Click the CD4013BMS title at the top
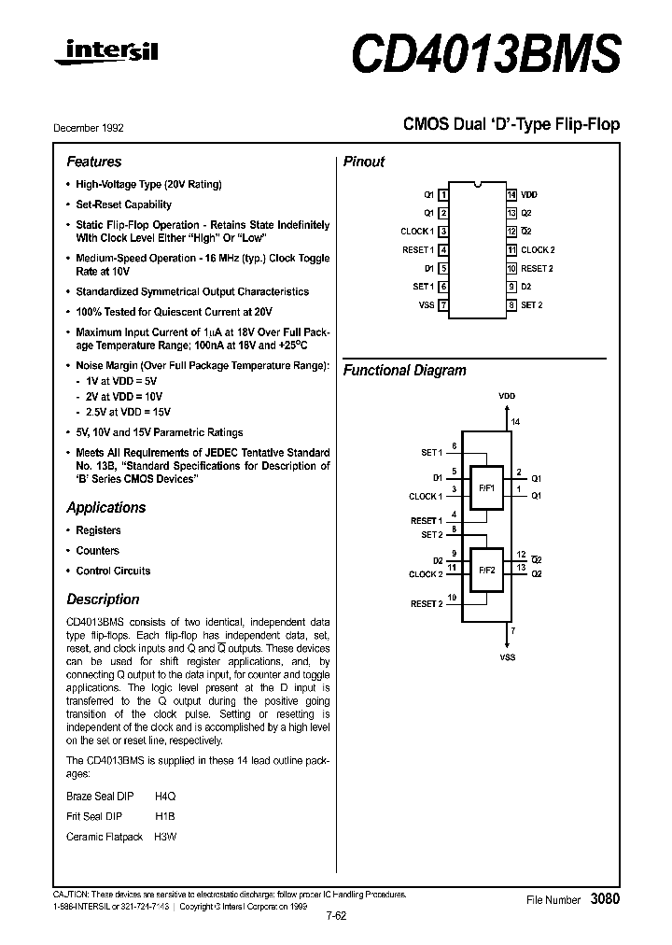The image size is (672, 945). [485, 54]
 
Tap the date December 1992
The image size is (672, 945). [95, 128]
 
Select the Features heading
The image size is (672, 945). [93, 162]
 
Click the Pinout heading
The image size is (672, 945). [364, 162]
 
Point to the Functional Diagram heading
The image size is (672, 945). [404, 371]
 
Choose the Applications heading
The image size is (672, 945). [105, 508]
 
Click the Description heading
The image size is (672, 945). [103, 599]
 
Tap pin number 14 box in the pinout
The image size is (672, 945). [511, 195]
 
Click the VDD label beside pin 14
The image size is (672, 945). [529, 195]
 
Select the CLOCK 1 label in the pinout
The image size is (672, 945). [416, 232]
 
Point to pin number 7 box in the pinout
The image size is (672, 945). [443, 305]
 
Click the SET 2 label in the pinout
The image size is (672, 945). [532, 305]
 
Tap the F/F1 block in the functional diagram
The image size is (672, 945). [486, 488]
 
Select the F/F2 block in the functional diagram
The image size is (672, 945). [486, 569]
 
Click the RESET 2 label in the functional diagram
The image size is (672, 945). [427, 604]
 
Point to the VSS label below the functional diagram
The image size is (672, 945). [508, 657]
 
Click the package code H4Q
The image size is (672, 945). [165, 797]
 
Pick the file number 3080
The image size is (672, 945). [605, 899]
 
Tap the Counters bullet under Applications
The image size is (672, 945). [97, 551]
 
